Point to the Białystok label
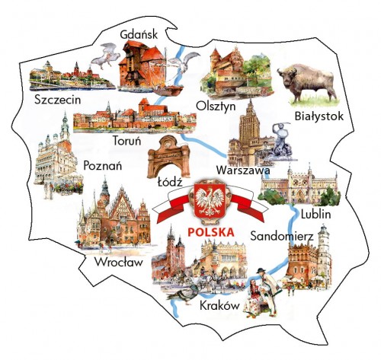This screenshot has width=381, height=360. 319,116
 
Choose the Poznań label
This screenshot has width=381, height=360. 105,164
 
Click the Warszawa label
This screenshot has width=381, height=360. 243,170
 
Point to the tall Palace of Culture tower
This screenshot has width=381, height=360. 249,126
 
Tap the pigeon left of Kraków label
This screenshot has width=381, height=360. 183,295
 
